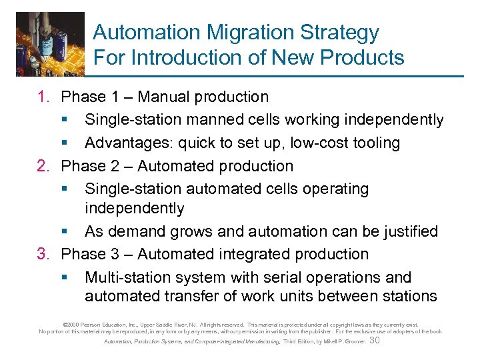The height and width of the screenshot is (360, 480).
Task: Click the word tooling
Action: [374, 143]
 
